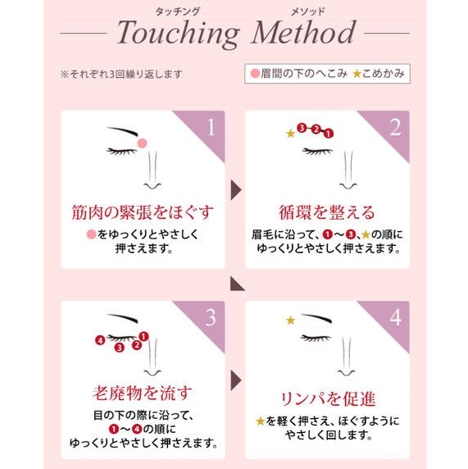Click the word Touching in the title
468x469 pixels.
178,34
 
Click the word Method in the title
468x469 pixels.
304,32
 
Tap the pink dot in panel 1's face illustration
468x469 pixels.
143,143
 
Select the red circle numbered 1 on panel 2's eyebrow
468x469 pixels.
329,134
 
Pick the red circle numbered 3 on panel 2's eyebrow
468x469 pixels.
302,128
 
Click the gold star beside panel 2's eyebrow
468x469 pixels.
290,134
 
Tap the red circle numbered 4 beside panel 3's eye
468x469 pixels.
100,340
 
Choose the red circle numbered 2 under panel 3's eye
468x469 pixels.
137,345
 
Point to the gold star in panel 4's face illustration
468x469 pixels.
290,321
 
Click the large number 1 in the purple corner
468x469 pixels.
211,127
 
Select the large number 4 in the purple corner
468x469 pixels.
395,317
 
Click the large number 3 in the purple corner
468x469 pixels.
211,317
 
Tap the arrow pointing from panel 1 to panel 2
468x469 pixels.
236,190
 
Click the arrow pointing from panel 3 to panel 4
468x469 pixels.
236,380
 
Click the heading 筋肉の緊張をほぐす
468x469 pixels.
143,212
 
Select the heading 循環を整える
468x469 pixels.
327,212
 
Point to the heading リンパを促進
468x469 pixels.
328,398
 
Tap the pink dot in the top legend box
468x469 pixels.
255,73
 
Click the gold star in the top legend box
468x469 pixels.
357,74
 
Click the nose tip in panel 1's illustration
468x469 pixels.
152,187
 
